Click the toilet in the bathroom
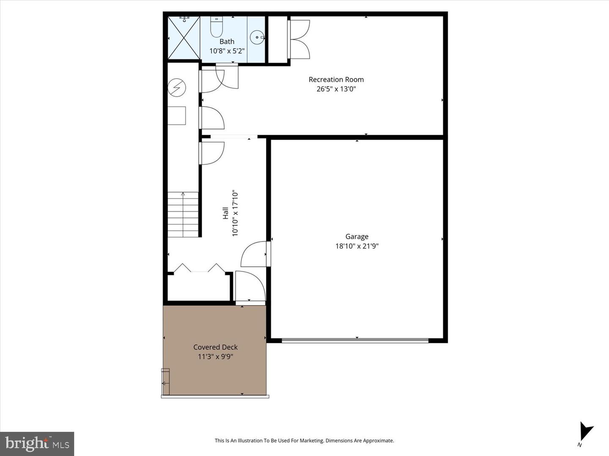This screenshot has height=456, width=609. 217,27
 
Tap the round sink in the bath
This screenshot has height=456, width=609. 257,38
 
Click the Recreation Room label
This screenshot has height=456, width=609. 336,79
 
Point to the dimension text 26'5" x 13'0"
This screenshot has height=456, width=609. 336,89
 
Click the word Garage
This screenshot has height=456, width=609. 357,236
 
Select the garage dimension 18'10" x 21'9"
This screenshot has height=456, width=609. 357,246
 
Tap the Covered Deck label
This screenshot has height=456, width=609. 215,347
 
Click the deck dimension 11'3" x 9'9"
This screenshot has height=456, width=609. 215,357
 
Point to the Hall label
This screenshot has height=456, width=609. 226,213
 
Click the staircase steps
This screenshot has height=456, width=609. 183,214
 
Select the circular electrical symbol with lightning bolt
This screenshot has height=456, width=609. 176,88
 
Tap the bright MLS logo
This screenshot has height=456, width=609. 37,444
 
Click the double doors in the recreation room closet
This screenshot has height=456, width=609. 299,39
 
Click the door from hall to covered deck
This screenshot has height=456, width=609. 250,287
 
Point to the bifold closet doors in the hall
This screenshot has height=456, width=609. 199,269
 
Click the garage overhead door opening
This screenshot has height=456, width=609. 355,340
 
